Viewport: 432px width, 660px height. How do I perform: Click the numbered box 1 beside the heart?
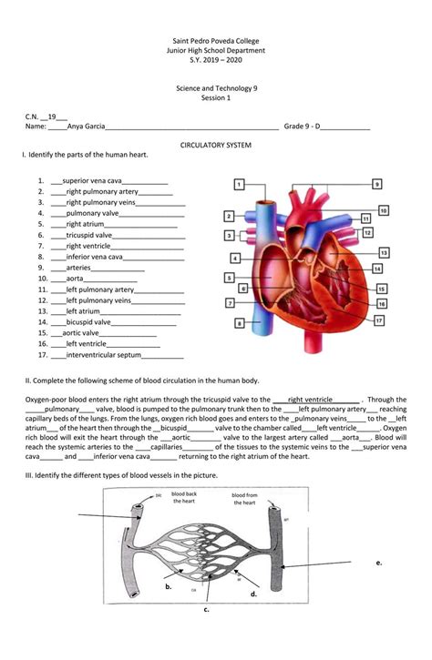(x=238, y=185)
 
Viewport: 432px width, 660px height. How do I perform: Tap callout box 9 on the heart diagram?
(x=376, y=184)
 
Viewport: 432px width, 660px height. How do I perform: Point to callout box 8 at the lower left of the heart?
(x=239, y=322)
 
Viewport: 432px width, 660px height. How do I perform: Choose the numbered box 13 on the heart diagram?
(x=384, y=252)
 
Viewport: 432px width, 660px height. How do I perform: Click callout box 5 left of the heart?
(x=229, y=277)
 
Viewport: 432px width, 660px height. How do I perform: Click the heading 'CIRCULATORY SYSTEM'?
(x=216, y=146)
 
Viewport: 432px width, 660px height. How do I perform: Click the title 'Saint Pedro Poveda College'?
(x=216, y=43)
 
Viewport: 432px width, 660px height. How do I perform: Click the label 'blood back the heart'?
(x=184, y=497)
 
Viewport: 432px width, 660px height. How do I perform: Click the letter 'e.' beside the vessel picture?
(x=378, y=563)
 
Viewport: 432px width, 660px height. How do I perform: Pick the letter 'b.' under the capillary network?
(x=169, y=587)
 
